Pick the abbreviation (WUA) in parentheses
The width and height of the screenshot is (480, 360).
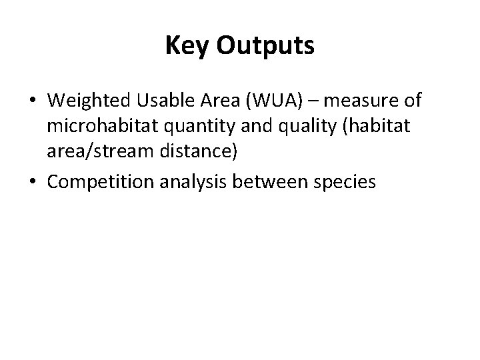tap(267, 101)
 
